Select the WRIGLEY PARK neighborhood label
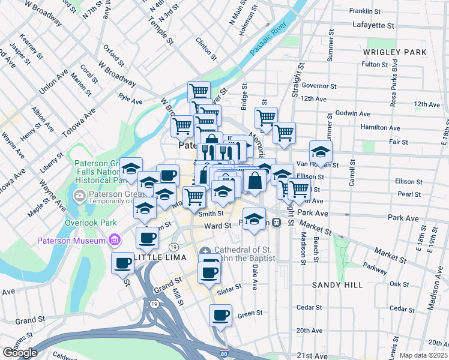coord(394,52)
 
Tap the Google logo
coord(19,352)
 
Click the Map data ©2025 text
coord(423,355)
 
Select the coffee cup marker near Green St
coord(220,314)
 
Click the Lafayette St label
coord(373,26)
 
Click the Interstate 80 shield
coord(224,354)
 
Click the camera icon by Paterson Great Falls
coord(79,196)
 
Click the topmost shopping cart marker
coord(199,92)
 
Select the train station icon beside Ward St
coord(276,222)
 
